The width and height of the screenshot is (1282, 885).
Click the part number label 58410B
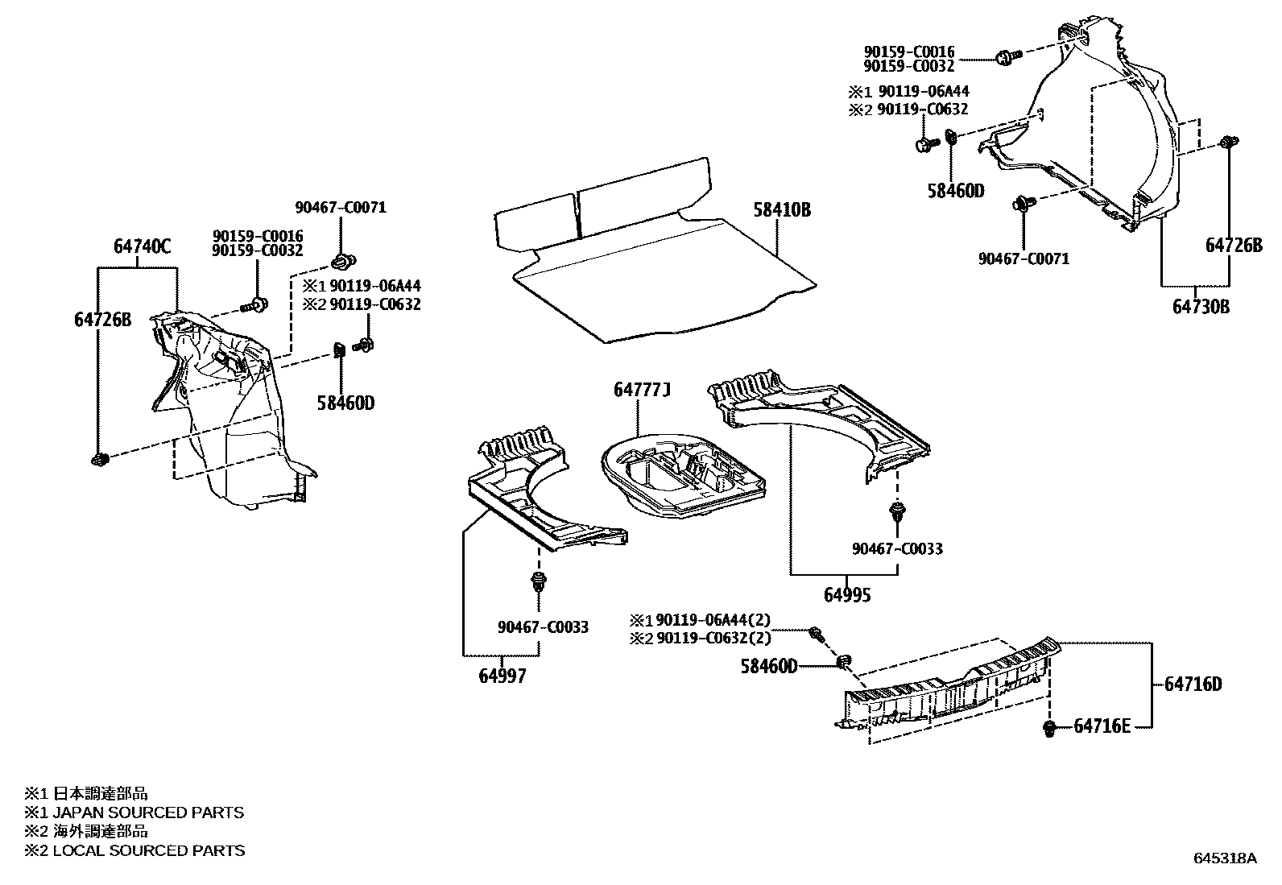pyautogui.click(x=781, y=211)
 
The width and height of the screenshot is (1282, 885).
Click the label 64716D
pyautogui.click(x=1193, y=684)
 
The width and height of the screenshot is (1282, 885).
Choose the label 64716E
pyautogui.click(x=1102, y=727)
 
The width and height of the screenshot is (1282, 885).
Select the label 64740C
pyautogui.click(x=142, y=247)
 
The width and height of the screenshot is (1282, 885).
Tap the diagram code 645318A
pyautogui.click(x=1224, y=858)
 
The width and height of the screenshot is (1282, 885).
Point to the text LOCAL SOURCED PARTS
pyautogui.click(x=148, y=850)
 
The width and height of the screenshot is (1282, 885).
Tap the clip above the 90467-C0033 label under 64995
pyautogui.click(x=896, y=513)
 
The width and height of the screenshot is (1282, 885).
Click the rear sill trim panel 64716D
pyautogui.click(x=950, y=689)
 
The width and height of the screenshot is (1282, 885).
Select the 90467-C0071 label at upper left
pyautogui.click(x=340, y=207)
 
